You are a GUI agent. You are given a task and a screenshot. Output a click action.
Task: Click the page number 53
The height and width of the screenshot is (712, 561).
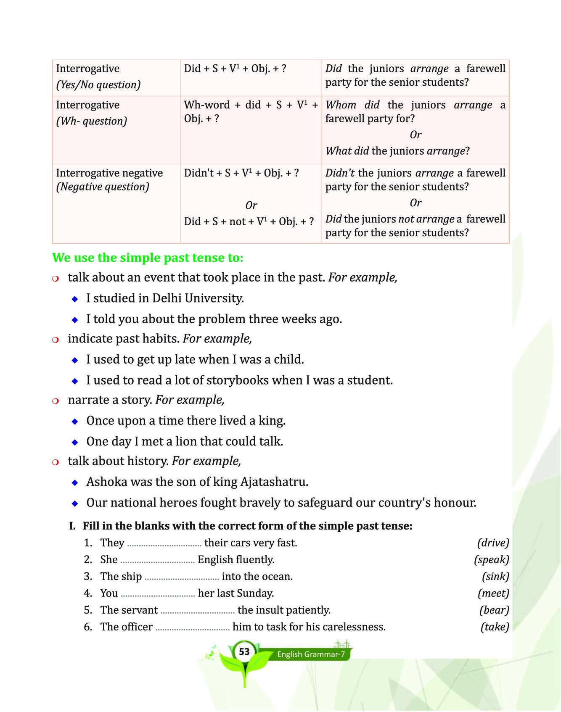244,652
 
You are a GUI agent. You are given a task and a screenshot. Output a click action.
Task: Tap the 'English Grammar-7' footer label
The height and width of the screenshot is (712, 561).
311,654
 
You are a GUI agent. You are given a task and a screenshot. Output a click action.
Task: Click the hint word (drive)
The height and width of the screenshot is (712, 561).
493,543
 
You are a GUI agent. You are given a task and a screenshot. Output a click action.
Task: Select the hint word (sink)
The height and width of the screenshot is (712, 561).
495,576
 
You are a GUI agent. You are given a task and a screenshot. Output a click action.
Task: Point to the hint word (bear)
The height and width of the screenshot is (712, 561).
494,610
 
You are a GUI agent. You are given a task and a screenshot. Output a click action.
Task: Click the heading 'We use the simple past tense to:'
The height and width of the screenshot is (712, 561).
148,258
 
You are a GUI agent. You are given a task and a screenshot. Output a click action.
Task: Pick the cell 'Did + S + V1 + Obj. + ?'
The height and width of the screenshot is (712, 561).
235,69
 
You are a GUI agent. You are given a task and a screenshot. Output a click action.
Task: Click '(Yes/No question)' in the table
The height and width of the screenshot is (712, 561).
98,85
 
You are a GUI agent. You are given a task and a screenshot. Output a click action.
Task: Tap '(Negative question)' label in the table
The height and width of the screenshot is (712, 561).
103,187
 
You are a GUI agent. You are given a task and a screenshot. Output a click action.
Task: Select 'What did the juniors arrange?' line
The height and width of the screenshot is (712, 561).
397,151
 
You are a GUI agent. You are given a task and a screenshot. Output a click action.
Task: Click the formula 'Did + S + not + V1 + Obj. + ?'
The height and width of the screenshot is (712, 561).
249,222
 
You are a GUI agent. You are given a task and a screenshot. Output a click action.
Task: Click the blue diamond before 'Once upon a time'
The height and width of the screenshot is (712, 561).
75,421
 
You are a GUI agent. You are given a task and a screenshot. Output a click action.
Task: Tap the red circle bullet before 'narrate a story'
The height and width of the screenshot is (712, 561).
55,401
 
